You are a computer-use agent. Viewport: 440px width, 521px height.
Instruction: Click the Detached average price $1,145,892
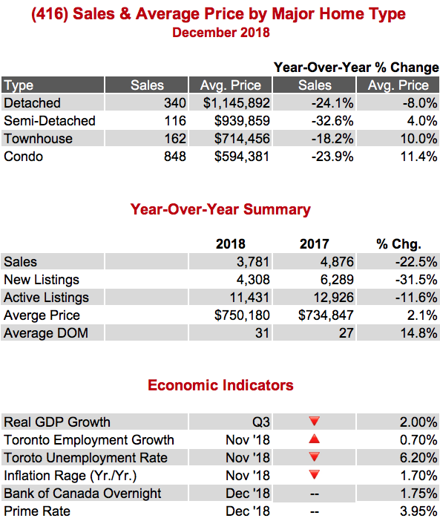click(237, 103)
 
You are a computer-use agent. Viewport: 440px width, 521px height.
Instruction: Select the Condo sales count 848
click(175, 157)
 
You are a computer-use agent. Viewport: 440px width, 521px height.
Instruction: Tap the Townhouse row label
click(38, 139)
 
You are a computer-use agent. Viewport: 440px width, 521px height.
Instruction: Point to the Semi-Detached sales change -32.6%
click(332, 121)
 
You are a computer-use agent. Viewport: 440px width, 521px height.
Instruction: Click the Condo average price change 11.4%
click(418, 157)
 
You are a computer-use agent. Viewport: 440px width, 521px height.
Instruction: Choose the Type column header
click(19, 85)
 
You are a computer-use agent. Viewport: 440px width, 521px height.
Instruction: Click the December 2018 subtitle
click(221, 33)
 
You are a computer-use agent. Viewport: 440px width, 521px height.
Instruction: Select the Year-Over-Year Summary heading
click(220, 209)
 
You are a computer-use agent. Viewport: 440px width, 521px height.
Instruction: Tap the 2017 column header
click(315, 244)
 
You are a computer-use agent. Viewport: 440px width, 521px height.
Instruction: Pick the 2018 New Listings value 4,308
click(253, 280)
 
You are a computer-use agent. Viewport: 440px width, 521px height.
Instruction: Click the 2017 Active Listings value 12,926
click(334, 298)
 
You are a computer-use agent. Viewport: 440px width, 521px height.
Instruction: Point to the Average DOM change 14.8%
click(418, 333)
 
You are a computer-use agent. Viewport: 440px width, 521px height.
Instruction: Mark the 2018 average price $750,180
click(242, 315)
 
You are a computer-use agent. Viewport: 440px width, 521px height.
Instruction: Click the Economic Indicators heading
click(220, 385)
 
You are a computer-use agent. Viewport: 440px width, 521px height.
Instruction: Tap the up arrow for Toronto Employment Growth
click(314, 439)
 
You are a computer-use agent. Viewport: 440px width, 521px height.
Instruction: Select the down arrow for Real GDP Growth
click(314, 421)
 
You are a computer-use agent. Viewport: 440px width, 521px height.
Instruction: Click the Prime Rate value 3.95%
click(418, 511)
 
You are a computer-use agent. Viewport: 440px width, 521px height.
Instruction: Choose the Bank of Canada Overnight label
click(82, 494)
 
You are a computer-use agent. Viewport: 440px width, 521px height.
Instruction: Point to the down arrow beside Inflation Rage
click(314, 474)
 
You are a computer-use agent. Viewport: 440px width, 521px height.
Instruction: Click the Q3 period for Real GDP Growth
click(261, 422)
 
